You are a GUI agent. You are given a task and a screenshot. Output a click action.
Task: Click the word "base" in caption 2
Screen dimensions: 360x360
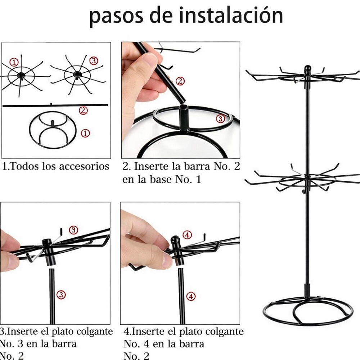coord(160,180)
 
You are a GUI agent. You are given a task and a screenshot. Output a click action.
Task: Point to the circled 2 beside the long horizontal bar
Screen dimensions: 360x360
coord(83,110)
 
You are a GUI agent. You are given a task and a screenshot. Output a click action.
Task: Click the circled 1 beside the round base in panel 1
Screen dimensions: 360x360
coord(85,134)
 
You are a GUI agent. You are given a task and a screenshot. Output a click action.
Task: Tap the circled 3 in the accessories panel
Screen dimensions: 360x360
coord(94,61)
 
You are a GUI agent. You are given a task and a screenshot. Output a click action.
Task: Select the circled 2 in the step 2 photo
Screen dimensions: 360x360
coord(181,81)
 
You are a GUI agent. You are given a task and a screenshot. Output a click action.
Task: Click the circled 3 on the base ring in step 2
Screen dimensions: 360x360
coord(220,118)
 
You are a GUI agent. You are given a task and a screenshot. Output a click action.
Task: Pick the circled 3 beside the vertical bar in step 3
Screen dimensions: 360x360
coord(62,295)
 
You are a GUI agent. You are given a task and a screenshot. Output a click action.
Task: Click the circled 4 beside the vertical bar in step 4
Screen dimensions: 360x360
coord(191,297)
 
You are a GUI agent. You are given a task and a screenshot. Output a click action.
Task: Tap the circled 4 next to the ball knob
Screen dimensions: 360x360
coord(187,235)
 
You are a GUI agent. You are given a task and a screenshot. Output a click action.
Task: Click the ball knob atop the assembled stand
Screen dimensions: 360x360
coord(307,69)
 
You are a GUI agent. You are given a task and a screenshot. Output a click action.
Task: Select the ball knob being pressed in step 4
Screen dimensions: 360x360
coord(175,240)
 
